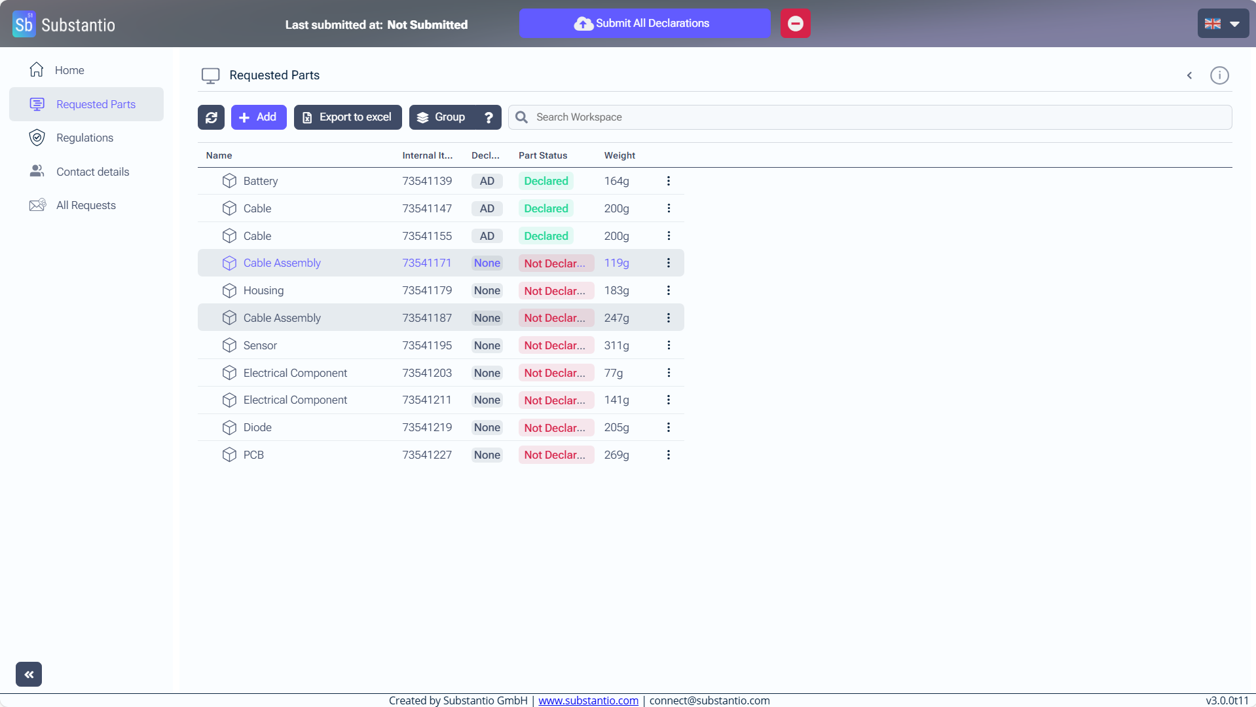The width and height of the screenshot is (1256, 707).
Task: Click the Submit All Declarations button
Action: click(x=644, y=24)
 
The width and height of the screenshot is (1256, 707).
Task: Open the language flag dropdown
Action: click(x=1222, y=24)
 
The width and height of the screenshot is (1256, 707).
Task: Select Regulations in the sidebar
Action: click(x=84, y=138)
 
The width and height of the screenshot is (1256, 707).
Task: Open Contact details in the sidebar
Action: click(x=92, y=172)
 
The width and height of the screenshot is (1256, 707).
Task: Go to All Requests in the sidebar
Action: click(x=86, y=205)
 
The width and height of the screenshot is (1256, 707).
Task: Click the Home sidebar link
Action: click(x=69, y=70)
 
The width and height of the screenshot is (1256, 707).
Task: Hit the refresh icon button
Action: click(x=211, y=117)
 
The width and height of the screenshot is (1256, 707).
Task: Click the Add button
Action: click(x=259, y=117)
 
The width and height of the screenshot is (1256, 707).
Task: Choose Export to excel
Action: click(x=348, y=117)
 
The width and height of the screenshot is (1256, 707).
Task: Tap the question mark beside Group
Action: click(x=489, y=117)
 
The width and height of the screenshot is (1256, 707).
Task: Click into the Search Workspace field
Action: click(x=877, y=117)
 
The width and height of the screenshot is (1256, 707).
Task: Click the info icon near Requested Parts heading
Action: click(x=1219, y=75)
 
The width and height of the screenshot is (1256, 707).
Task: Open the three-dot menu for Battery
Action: click(x=668, y=181)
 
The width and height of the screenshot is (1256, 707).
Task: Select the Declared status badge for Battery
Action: click(x=545, y=181)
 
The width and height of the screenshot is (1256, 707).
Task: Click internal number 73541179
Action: click(x=427, y=290)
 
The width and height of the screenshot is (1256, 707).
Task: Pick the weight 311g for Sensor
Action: click(x=616, y=345)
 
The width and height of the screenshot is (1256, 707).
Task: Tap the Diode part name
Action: click(x=257, y=427)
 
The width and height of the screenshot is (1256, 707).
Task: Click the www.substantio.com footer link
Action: click(x=588, y=700)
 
